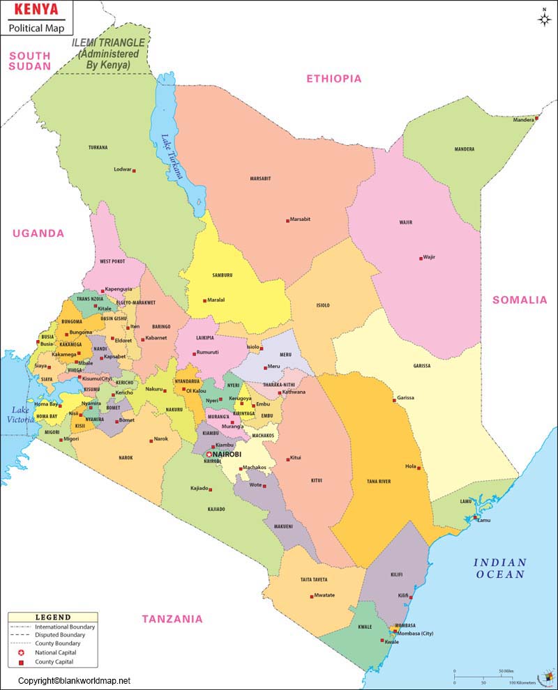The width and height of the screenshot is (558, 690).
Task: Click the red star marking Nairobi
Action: tap(209, 454)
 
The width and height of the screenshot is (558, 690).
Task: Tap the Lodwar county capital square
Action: tap(134, 170)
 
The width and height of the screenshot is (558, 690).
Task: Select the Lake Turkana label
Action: tap(172, 157)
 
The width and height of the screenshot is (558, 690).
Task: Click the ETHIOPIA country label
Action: tap(334, 79)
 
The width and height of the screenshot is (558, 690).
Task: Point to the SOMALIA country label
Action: tap(520, 300)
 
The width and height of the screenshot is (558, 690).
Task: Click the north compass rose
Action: tap(544, 18)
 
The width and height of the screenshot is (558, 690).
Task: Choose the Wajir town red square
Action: tap(420, 257)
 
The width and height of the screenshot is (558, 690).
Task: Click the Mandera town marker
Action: tap(537, 118)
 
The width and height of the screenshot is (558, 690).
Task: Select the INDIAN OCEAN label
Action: tap(499, 568)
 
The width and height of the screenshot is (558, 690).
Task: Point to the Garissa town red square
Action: tap(394, 398)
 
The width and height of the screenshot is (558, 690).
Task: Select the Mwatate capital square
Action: tap(311, 595)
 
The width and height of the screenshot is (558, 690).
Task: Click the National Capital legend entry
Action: tap(53, 652)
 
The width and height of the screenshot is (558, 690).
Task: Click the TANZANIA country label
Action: tap(172, 618)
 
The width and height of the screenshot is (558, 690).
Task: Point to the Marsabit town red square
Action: tap(287, 220)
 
